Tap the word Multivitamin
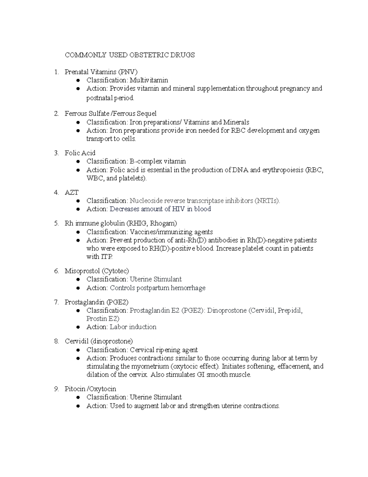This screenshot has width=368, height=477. click(x=149, y=80)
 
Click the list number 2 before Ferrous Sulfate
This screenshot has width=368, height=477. click(x=56, y=114)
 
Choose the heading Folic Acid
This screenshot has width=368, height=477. click(x=80, y=153)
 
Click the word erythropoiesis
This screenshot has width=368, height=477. click(x=282, y=170)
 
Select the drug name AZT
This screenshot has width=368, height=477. click(x=71, y=193)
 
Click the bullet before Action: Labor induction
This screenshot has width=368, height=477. click(x=79, y=327)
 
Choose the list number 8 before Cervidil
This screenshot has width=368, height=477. click(x=56, y=341)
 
